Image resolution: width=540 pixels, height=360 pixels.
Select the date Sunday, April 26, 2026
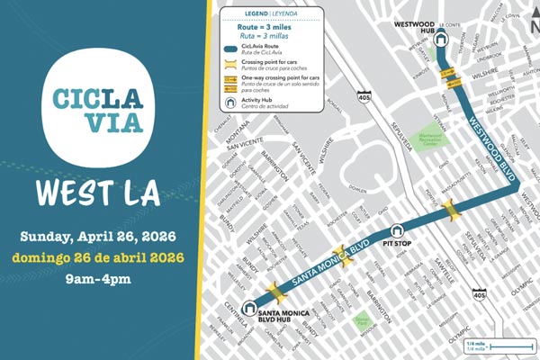99,237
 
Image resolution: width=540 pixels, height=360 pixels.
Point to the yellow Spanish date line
99,257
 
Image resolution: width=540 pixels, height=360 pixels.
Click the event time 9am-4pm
99,278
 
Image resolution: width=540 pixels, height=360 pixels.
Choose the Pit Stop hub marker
396,229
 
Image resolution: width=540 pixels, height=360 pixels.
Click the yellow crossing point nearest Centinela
276,293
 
